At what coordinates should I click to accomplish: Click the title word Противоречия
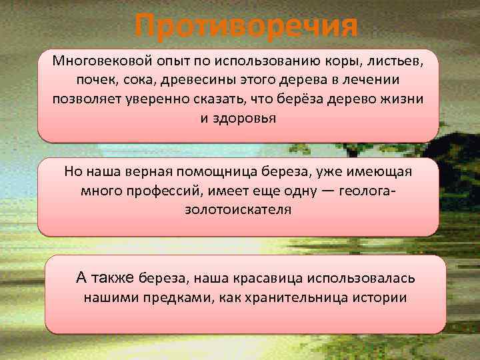[x=245, y=27]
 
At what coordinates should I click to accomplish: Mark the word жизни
[x=405, y=99]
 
